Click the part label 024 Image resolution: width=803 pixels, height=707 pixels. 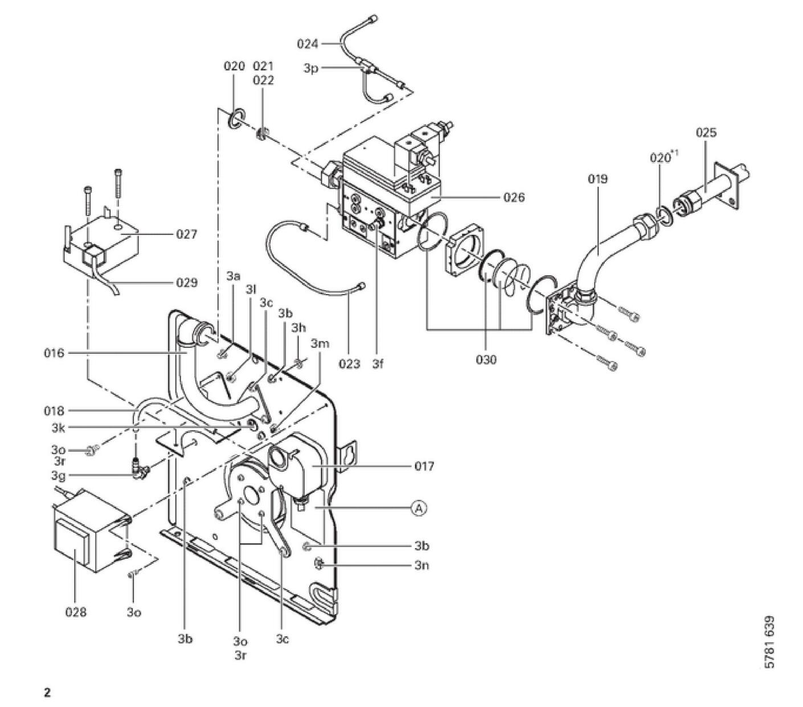pos(308,43)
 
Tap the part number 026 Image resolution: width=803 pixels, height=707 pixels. pos(514,197)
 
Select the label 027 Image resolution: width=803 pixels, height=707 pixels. pos(186,234)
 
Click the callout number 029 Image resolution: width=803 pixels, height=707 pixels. pos(186,283)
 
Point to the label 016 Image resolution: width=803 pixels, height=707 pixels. pos(54,353)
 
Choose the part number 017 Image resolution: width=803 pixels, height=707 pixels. pos(424,465)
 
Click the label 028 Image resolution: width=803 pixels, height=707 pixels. pos(76,612)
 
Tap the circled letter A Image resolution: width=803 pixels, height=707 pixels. pos(419,508)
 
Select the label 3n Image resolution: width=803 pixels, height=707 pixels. pos(421,565)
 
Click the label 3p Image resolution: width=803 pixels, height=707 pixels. pos(311,68)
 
